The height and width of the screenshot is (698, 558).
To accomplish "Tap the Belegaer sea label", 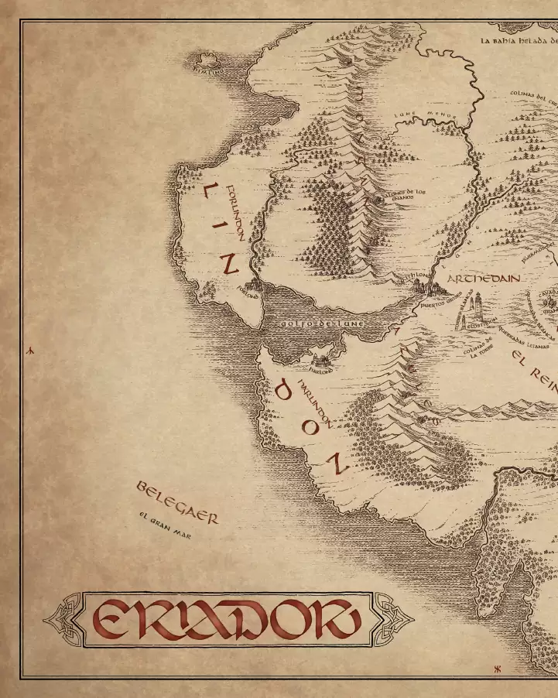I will tap(177, 501).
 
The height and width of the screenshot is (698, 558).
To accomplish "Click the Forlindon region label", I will tap(235, 213).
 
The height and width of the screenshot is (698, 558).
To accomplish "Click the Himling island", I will tap(207, 60).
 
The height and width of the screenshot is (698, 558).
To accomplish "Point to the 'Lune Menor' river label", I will tap(425, 117).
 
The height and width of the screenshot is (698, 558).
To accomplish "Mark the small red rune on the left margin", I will tap(31, 351).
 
